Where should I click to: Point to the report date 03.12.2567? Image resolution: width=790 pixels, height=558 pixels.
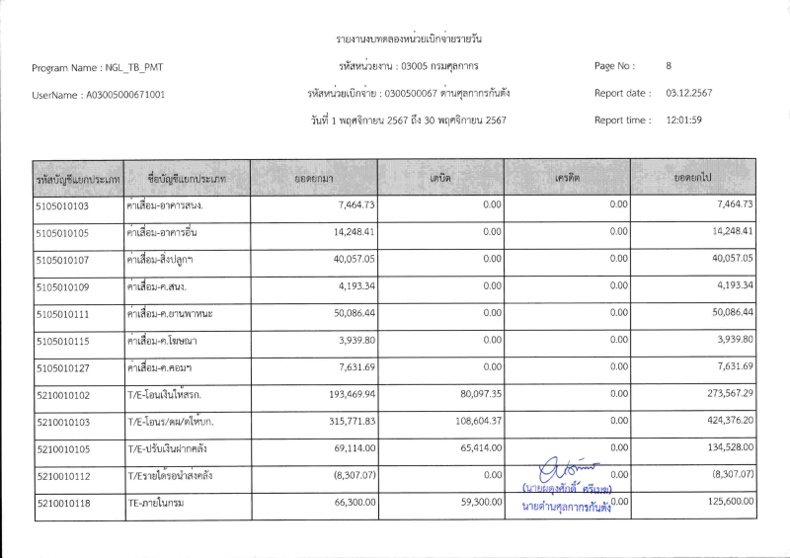[x=689, y=93]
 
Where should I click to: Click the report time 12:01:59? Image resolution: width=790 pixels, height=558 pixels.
[x=683, y=120]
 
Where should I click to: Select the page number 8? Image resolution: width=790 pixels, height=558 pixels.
[x=669, y=66]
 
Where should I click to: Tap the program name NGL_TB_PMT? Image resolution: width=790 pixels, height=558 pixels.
[x=133, y=68]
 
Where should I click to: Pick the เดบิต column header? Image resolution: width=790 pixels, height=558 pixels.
[x=440, y=177]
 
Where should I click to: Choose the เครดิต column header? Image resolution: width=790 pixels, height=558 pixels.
[x=567, y=177]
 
